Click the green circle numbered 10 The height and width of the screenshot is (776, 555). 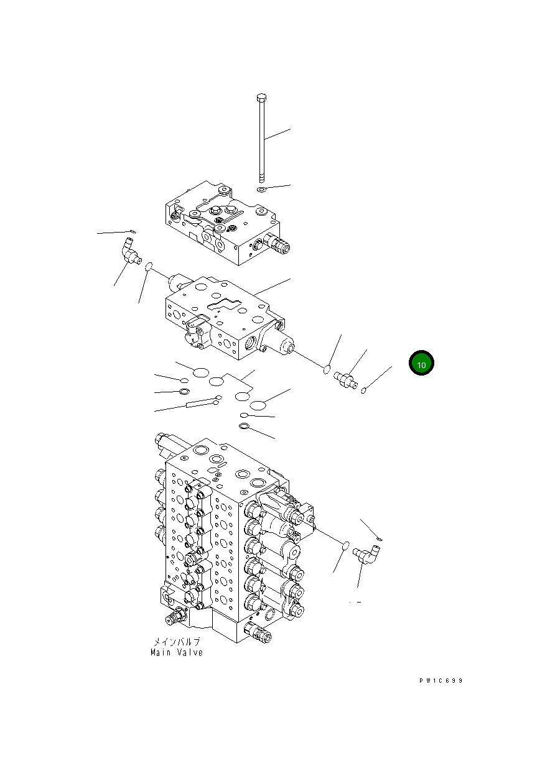tap(421, 364)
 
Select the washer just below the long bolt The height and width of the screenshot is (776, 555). tap(262, 189)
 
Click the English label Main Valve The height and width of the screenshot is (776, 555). tap(177, 653)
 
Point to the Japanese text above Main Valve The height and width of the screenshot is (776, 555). tap(177, 642)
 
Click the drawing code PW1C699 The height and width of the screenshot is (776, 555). tap(441, 681)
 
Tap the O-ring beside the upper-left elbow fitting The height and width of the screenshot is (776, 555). tap(149, 267)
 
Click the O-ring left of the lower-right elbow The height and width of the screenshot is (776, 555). tap(342, 545)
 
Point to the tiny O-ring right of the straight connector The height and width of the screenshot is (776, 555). tap(363, 390)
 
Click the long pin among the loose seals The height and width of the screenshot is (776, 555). tap(200, 404)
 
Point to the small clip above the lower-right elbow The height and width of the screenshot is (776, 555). tap(380, 538)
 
